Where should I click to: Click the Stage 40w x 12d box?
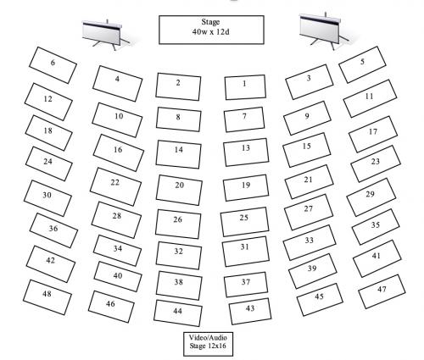[x=211, y=30]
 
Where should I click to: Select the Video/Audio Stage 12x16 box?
[x=208, y=344]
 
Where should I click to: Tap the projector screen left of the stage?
[x=105, y=34]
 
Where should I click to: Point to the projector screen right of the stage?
[x=323, y=30]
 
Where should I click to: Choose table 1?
[x=245, y=87]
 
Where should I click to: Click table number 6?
[x=53, y=65]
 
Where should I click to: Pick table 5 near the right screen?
[x=362, y=64]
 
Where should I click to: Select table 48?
[x=47, y=297]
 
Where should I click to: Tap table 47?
[x=382, y=291]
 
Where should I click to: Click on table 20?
[x=179, y=190]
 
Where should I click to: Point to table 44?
[x=178, y=313]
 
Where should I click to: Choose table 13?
[x=246, y=152]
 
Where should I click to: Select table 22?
[x=115, y=186]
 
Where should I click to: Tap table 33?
[x=310, y=242]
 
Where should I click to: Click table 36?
[x=53, y=230]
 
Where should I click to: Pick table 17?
[x=373, y=134]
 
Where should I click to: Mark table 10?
[x=117, y=119]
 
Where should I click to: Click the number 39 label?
[x=312, y=269]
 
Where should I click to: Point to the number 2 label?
[x=178, y=82]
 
